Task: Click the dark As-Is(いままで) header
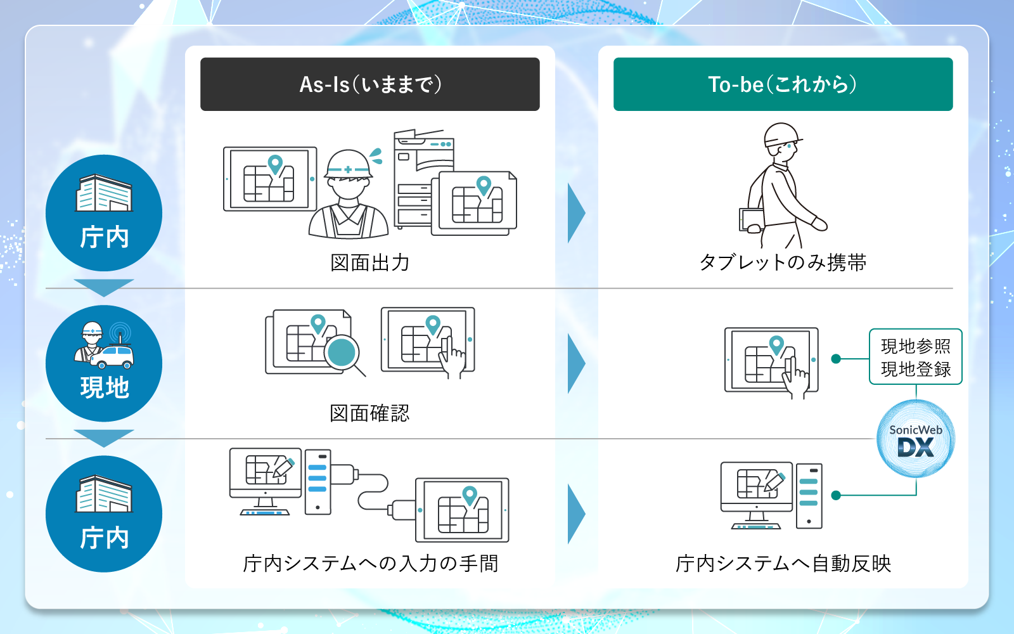pyautogui.click(x=369, y=84)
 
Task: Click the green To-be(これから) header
pyautogui.click(x=783, y=84)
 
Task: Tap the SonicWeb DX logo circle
pyautogui.click(x=915, y=439)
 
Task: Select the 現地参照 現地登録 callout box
pyautogui.click(x=915, y=357)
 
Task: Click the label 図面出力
pyautogui.click(x=369, y=262)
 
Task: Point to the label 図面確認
pyautogui.click(x=369, y=413)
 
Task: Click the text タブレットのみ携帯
pyautogui.click(x=783, y=262)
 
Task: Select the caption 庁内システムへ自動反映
pyautogui.click(x=783, y=563)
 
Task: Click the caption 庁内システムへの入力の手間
pyautogui.click(x=370, y=563)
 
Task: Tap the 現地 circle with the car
pyautogui.click(x=104, y=363)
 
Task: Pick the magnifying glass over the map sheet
pyautogui.click(x=343, y=353)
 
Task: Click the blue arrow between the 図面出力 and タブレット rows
pyautogui.click(x=575, y=213)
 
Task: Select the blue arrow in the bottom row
pyautogui.click(x=575, y=514)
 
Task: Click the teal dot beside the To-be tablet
pyautogui.click(x=836, y=359)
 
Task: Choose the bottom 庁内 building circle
pyautogui.click(x=104, y=514)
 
